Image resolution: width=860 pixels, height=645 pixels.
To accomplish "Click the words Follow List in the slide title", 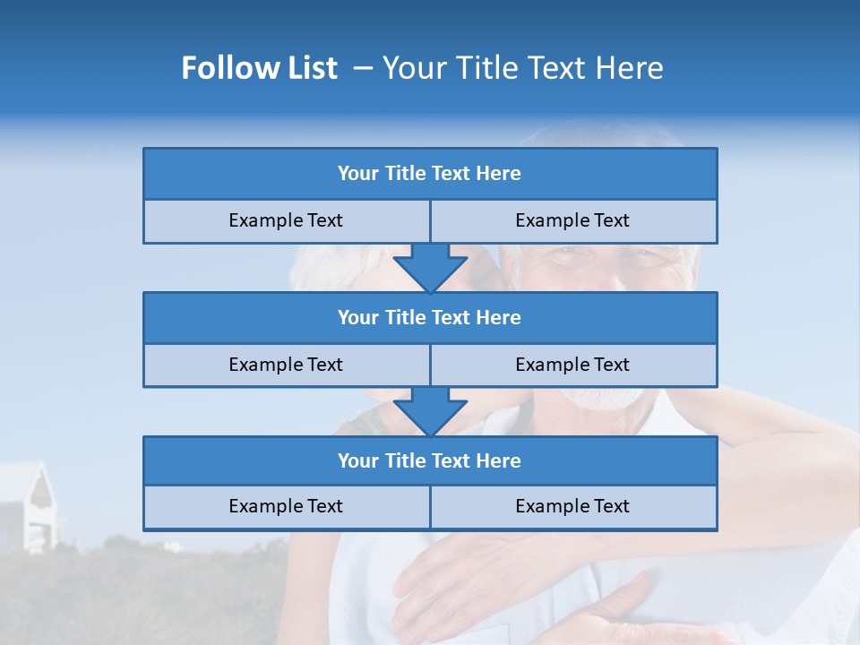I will click(259, 68).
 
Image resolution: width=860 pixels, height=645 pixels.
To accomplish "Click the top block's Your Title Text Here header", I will click(429, 174).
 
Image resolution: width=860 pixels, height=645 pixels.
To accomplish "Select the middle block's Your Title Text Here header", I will click(429, 317).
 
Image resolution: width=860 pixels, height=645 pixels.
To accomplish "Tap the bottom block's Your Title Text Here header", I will click(429, 460).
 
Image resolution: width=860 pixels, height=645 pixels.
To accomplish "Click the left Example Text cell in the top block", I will click(286, 220).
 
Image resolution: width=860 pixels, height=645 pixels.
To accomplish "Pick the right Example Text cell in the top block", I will click(572, 220).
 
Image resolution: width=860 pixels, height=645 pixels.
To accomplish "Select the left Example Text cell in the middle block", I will click(286, 365).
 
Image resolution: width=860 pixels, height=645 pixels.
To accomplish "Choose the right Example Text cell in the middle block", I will click(572, 365).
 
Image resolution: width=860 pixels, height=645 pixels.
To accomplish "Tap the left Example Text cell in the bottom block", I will click(286, 506).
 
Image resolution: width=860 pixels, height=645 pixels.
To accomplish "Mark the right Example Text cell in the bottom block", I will click(572, 506).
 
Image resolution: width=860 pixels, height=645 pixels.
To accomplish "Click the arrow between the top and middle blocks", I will click(430, 267).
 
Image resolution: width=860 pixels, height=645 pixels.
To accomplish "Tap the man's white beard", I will click(609, 400).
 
